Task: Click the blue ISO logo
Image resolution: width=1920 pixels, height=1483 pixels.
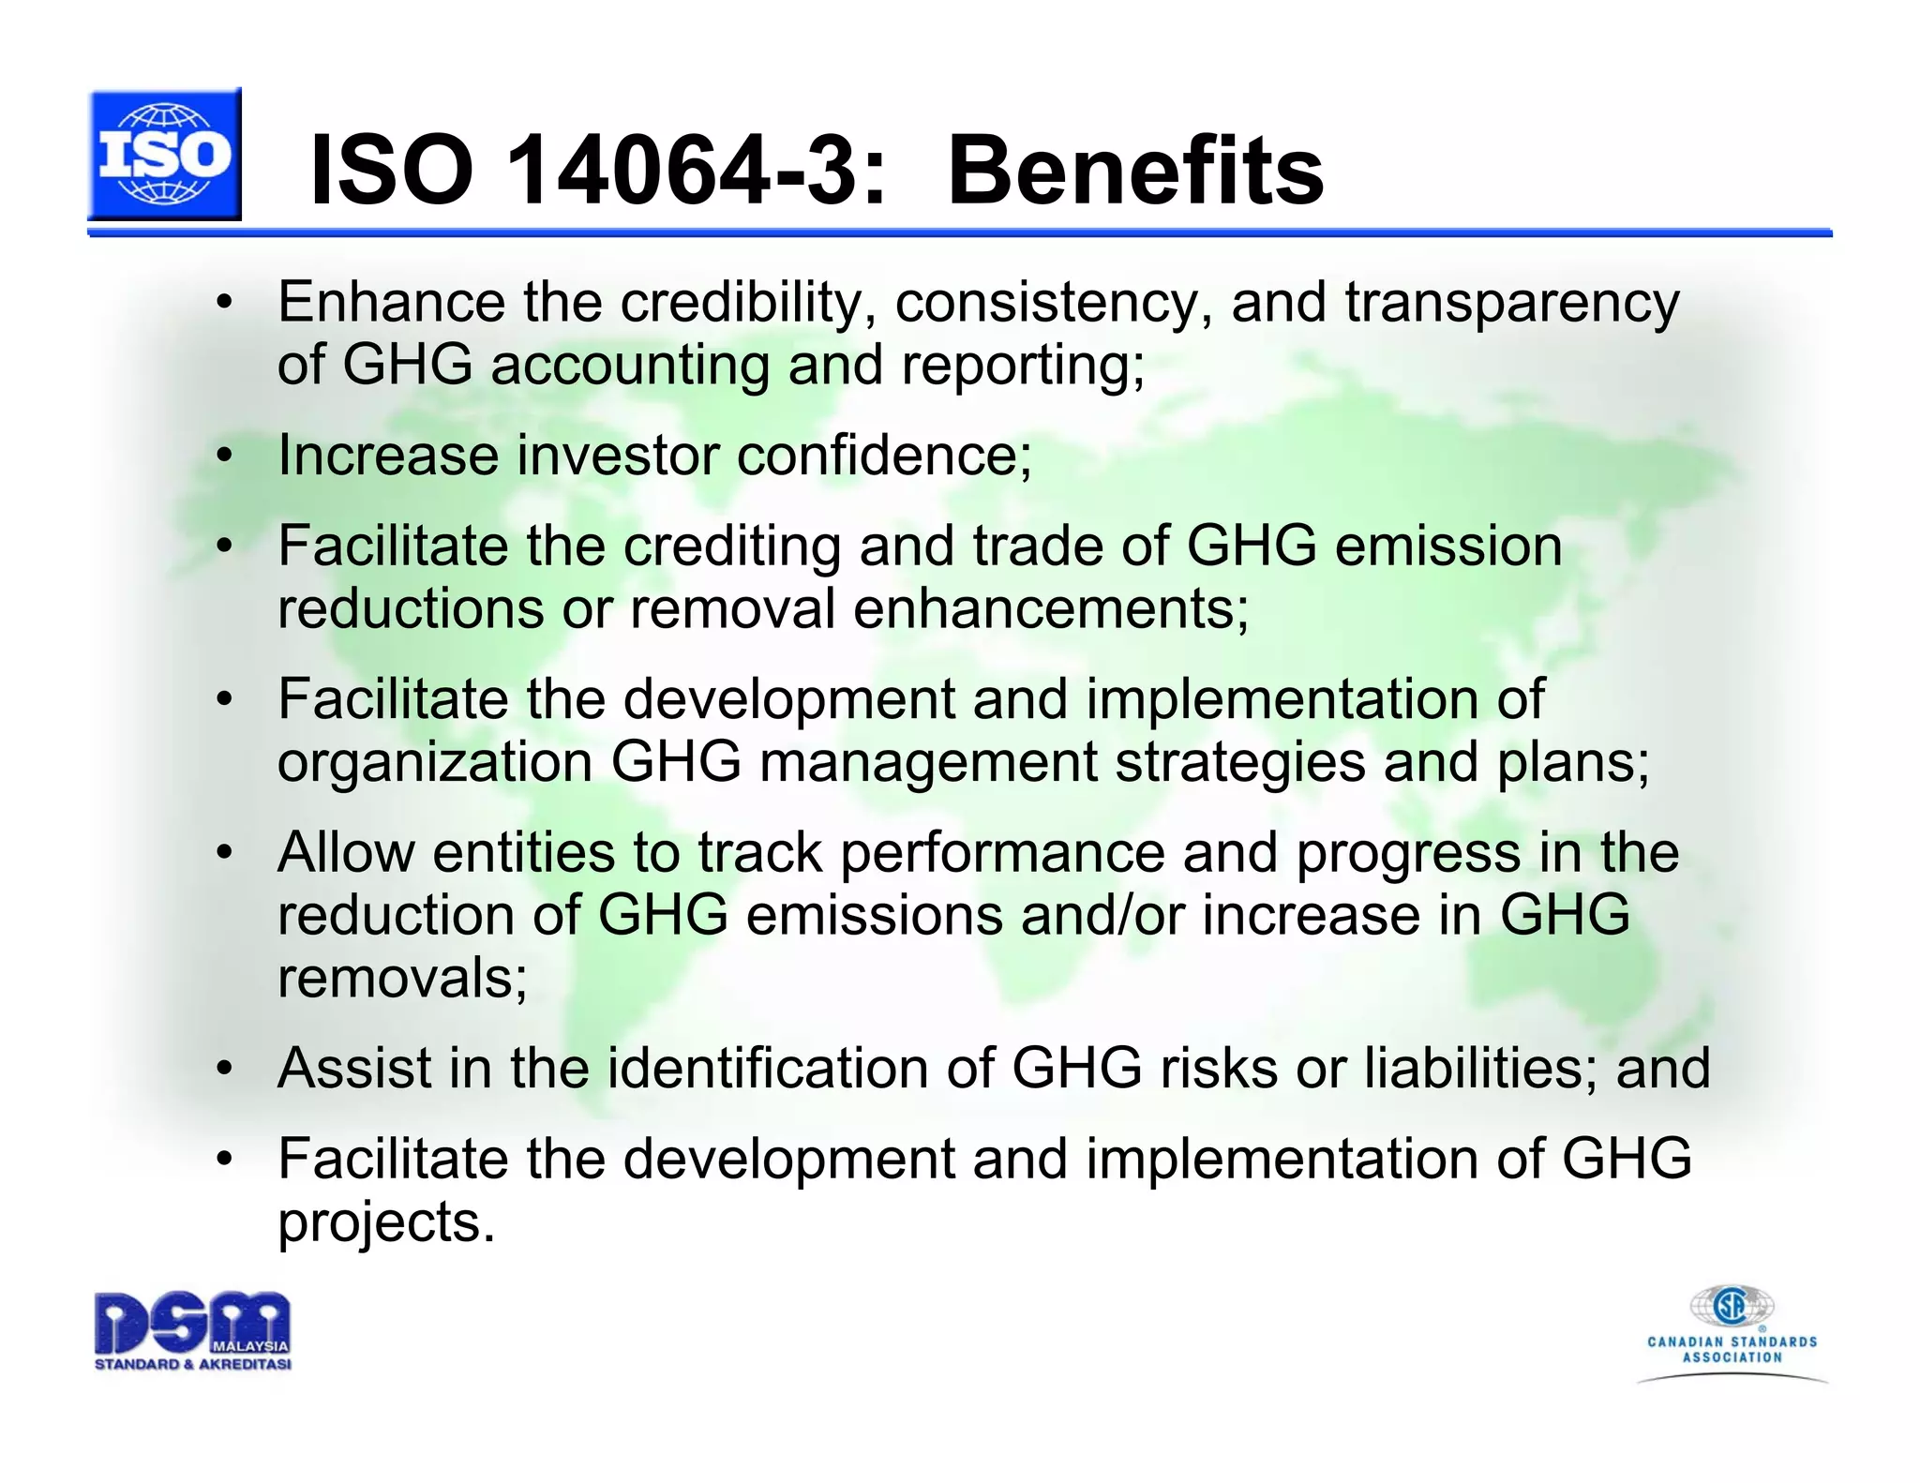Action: (x=165, y=155)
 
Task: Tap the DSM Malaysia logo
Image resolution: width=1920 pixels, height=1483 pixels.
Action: (x=192, y=1331)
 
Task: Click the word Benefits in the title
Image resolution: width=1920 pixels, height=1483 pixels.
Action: (x=1135, y=171)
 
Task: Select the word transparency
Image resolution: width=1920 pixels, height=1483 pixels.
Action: (x=1511, y=304)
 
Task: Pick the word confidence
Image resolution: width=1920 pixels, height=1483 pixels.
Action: (x=884, y=456)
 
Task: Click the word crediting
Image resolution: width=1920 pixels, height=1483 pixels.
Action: (x=732, y=546)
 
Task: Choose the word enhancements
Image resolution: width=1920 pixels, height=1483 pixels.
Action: (x=1051, y=608)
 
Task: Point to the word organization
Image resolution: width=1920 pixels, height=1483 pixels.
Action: (x=435, y=761)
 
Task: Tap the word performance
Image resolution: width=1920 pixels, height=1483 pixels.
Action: (x=1001, y=853)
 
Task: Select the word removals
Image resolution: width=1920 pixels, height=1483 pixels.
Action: (x=402, y=978)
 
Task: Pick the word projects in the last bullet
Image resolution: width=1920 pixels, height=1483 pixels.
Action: (x=385, y=1222)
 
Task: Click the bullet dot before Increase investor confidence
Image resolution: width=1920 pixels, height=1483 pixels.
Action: (x=223, y=457)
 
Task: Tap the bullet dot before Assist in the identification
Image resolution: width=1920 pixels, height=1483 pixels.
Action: (x=223, y=1069)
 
